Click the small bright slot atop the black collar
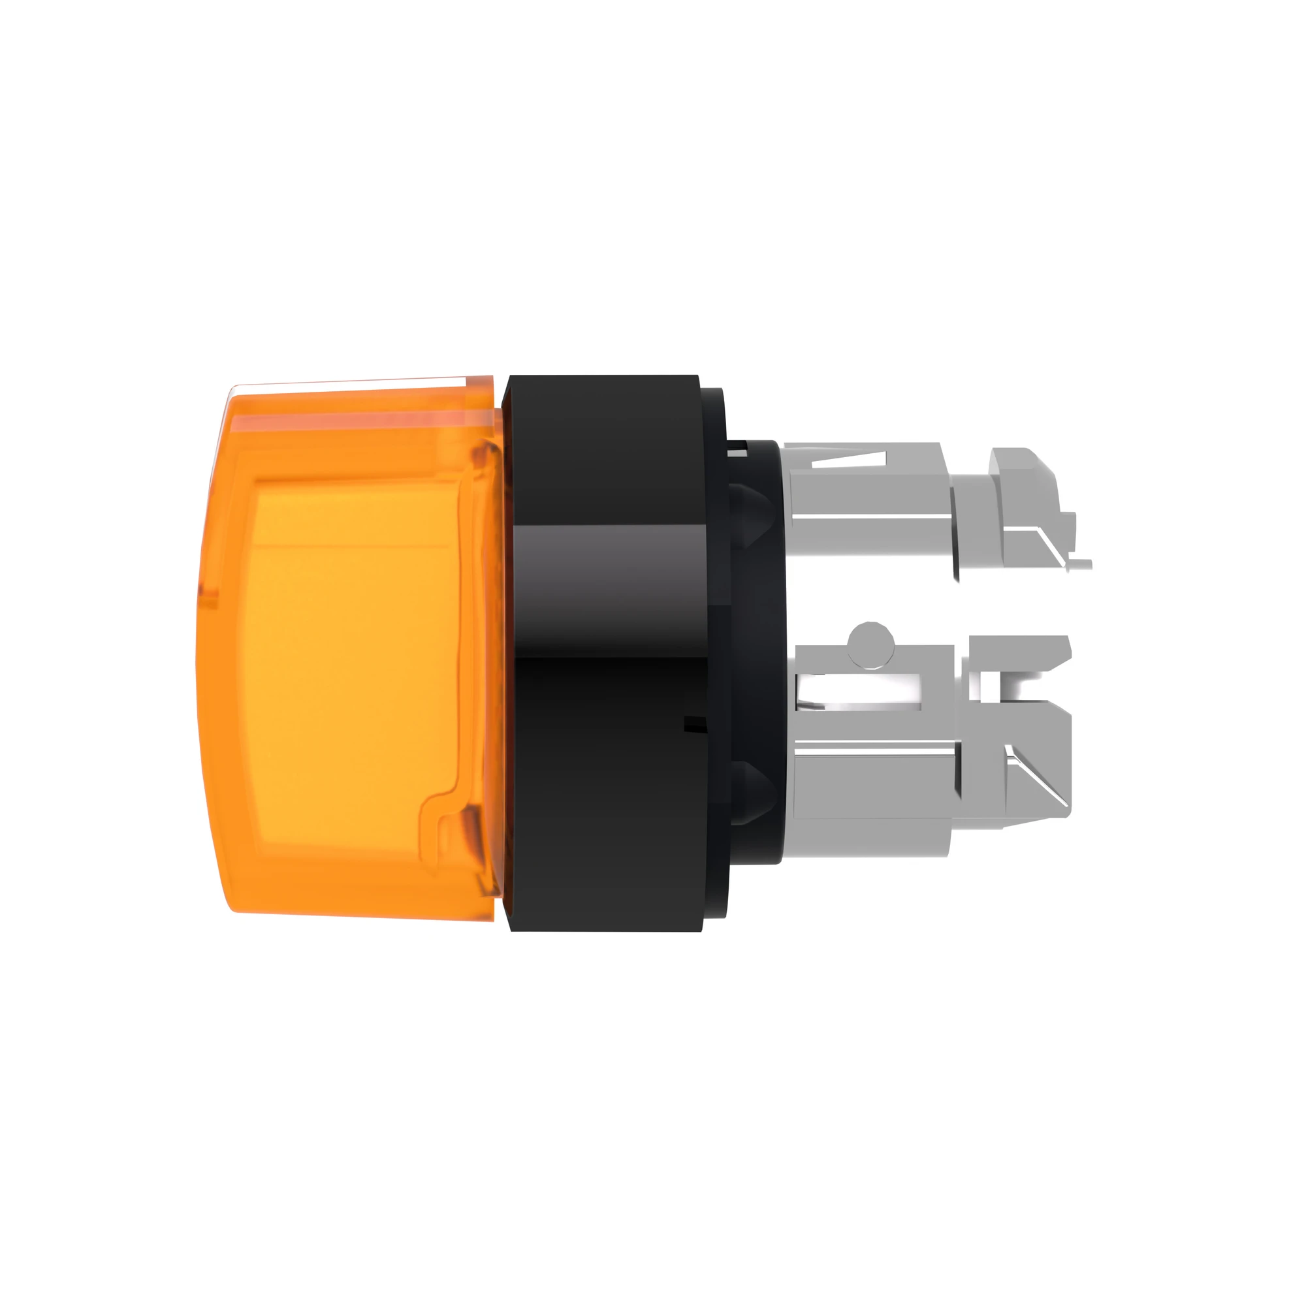741,447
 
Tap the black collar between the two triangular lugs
754,649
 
